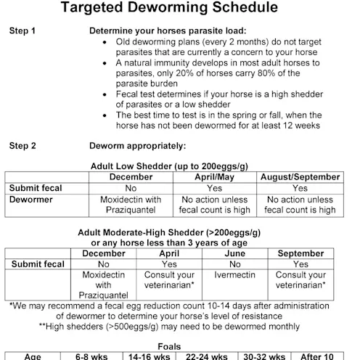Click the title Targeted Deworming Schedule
179,9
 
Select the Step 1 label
23,32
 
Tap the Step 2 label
23,145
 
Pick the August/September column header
300,177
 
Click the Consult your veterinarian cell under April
170,281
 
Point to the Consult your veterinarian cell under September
300,281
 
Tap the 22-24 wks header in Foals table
207,356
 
